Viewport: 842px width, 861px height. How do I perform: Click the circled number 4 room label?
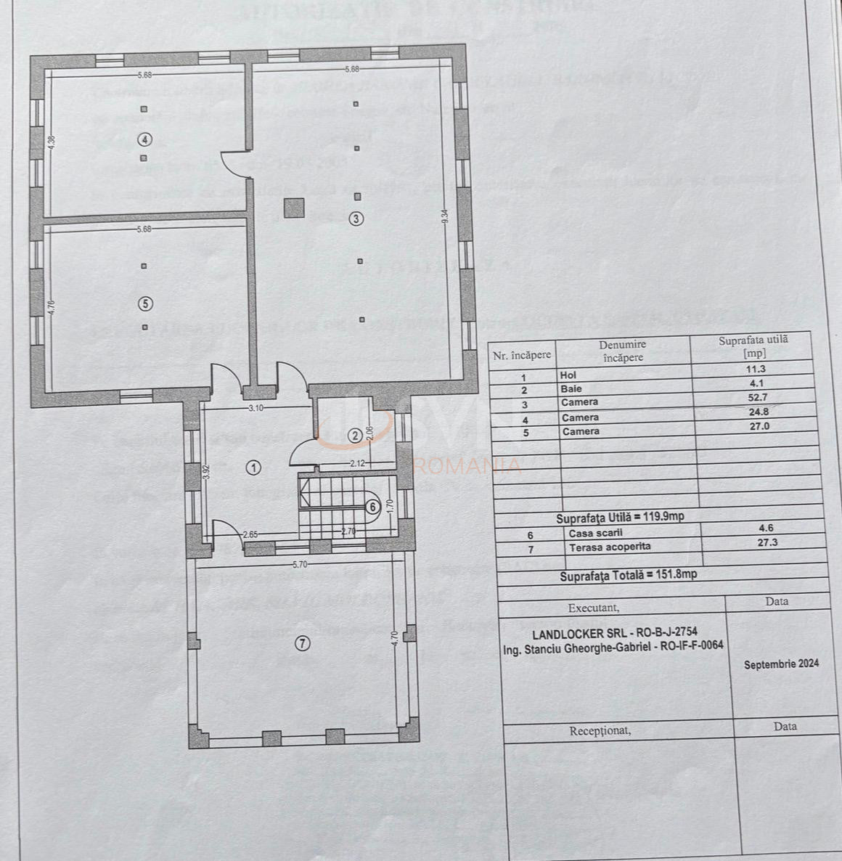[x=144, y=139]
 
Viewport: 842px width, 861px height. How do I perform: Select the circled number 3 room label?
[x=355, y=217]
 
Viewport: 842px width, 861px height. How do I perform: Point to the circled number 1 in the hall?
[x=253, y=468]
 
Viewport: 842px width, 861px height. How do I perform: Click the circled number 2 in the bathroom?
[x=354, y=436]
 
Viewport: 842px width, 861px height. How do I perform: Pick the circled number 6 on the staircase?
[x=372, y=507]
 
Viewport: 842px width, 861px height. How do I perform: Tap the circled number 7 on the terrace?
[x=302, y=642]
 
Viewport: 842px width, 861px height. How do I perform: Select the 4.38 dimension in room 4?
[x=51, y=144]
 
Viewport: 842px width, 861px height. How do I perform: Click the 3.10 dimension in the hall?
[x=255, y=408]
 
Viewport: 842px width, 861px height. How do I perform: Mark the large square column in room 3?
[x=293, y=208]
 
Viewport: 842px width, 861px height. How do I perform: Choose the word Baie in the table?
[x=571, y=389]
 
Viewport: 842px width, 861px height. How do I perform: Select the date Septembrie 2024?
[x=781, y=663]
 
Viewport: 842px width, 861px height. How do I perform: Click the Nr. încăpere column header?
[x=522, y=355]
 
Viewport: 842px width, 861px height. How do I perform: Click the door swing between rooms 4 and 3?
[x=234, y=165]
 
